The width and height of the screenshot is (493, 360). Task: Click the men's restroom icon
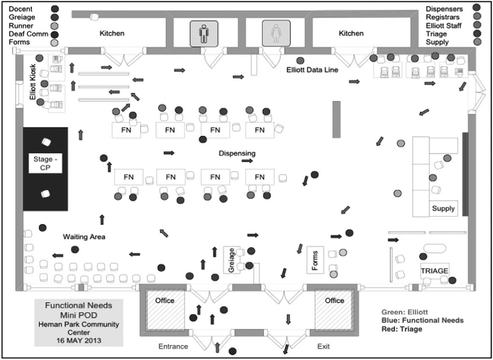point(204,33)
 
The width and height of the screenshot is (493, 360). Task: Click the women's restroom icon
point(276,33)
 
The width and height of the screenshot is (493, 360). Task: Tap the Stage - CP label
point(46,164)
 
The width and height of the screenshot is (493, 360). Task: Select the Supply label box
point(443,208)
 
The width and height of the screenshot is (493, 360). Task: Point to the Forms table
point(315,259)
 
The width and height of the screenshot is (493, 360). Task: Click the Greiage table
point(232,260)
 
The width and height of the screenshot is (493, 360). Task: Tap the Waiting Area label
point(84,237)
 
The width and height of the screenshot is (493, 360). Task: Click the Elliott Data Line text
point(312,70)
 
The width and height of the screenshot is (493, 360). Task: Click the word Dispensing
point(237,153)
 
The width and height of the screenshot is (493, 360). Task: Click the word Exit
point(323,346)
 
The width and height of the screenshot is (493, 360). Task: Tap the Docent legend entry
point(21,8)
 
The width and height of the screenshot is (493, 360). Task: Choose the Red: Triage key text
point(401,329)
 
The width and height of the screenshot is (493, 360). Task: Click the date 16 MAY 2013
point(79,339)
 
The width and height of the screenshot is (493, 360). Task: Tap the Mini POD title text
point(79,315)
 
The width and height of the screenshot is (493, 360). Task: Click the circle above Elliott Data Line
point(300,61)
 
